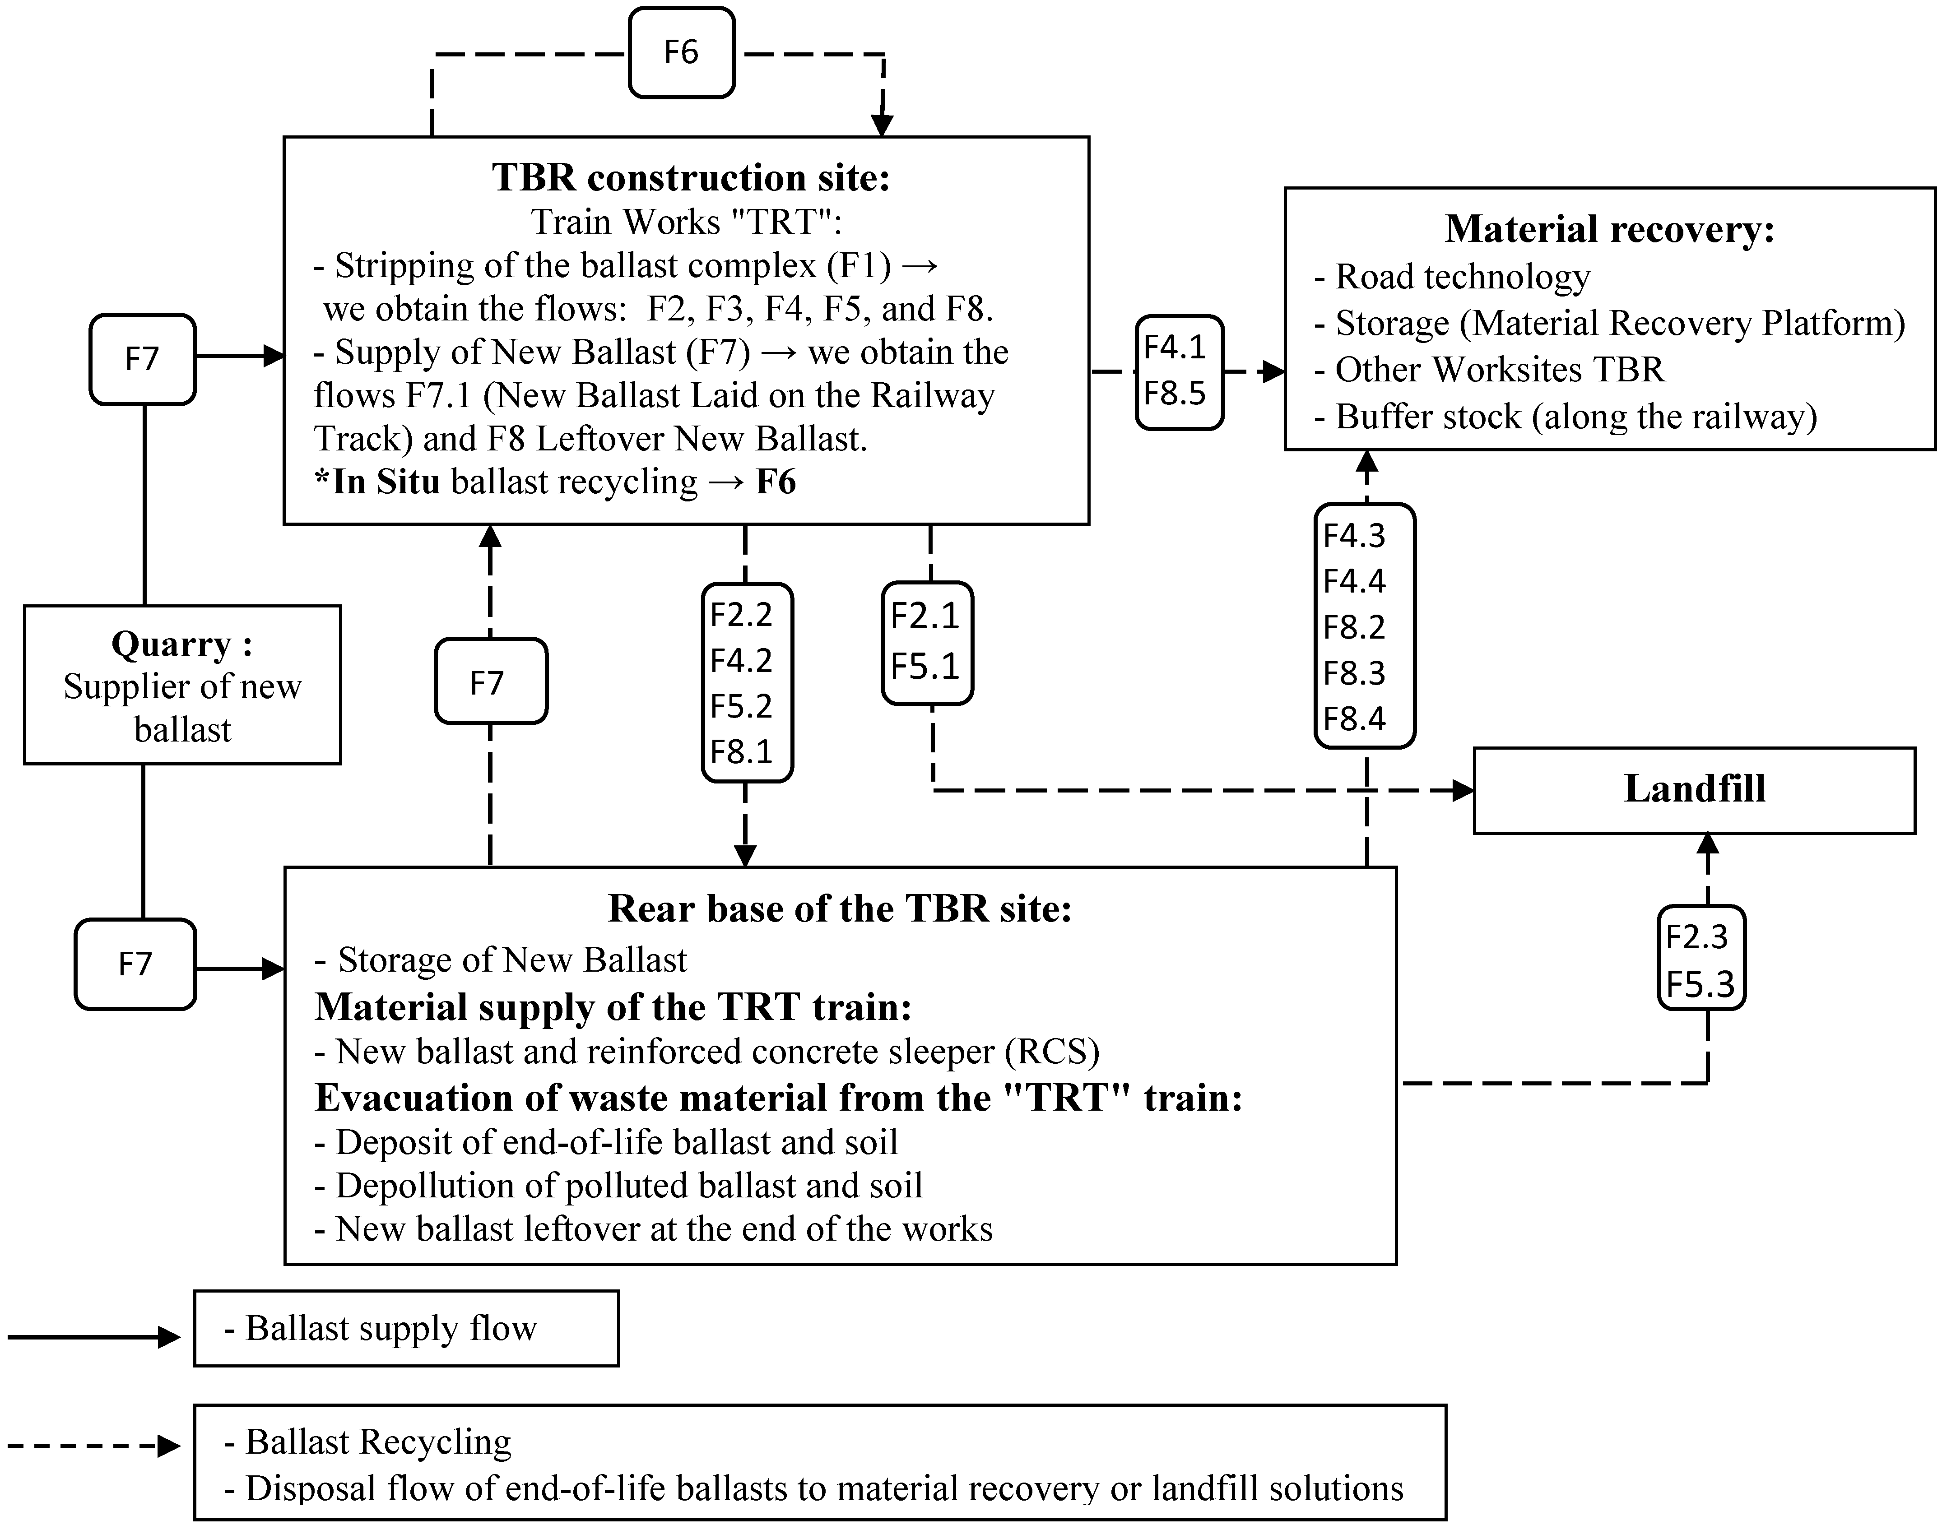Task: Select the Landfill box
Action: pyautogui.click(x=1694, y=790)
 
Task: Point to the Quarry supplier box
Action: pyautogui.click(x=182, y=685)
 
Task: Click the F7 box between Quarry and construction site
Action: pyautogui.click(x=143, y=359)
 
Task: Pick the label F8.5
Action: pyautogui.click(x=1175, y=393)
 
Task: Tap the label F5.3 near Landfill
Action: pyautogui.click(x=1700, y=984)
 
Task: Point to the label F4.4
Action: pyautogui.click(x=1355, y=581)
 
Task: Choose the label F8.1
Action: pyautogui.click(x=741, y=752)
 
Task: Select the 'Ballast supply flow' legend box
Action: pyautogui.click(x=406, y=1328)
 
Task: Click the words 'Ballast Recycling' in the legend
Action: pyautogui.click(x=379, y=1441)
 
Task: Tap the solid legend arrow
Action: pyautogui.click(x=94, y=1337)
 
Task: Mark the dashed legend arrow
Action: pyautogui.click(x=94, y=1446)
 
